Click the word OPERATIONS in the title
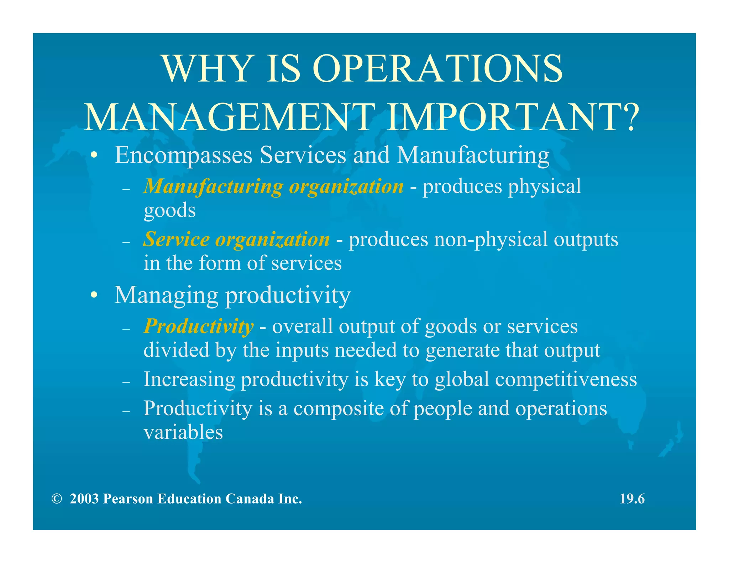[437, 69]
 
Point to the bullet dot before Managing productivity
[94, 295]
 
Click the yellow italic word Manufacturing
[213, 186]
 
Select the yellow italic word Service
[176, 239]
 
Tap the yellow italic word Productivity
[198, 326]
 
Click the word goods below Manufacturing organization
[169, 210]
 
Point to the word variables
[183, 432]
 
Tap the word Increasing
[189, 379]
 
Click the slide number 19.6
[632, 499]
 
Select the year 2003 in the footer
[84, 499]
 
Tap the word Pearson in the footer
[127, 499]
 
